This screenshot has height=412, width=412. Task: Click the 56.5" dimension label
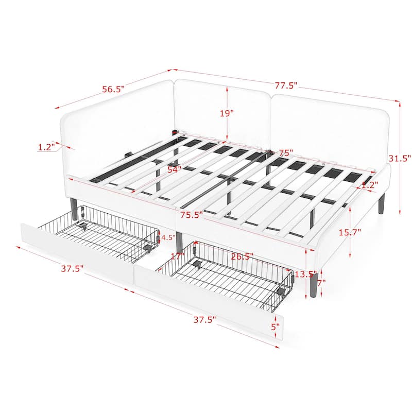click(x=113, y=89)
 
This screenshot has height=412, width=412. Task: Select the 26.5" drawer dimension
click(x=242, y=256)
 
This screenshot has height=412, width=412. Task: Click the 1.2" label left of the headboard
click(x=46, y=147)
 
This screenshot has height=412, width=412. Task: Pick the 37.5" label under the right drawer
click(x=204, y=319)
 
